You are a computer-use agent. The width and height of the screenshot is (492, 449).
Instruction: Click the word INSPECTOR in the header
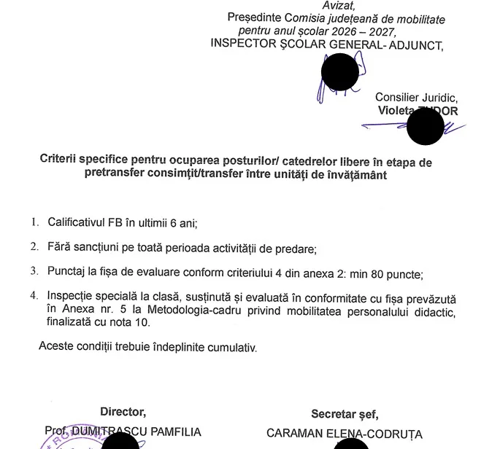(242, 44)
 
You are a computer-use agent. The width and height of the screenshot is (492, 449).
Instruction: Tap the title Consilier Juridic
(416, 97)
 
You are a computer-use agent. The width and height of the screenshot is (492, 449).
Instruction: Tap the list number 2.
(34, 247)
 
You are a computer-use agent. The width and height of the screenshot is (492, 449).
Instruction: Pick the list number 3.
(34, 272)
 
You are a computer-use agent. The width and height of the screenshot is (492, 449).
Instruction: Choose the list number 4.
(34, 297)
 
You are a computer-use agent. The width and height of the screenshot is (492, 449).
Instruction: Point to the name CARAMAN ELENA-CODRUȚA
(345, 433)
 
